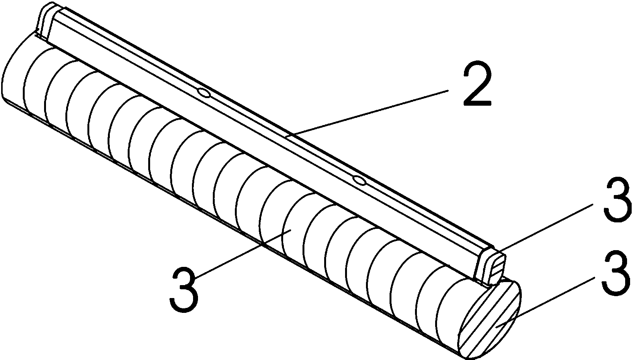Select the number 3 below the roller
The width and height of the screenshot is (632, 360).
184,289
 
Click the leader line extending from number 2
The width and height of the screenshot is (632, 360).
369,111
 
